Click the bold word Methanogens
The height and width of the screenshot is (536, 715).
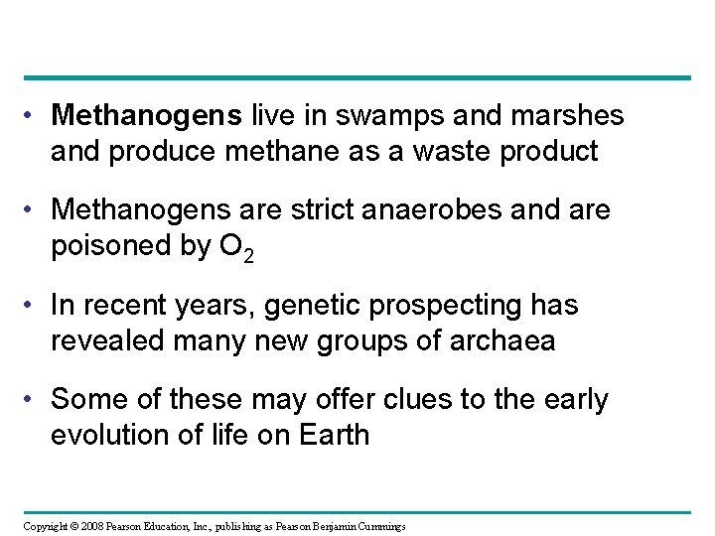pyautogui.click(x=146, y=116)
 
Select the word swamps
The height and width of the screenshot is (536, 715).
pyautogui.click(x=373, y=116)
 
